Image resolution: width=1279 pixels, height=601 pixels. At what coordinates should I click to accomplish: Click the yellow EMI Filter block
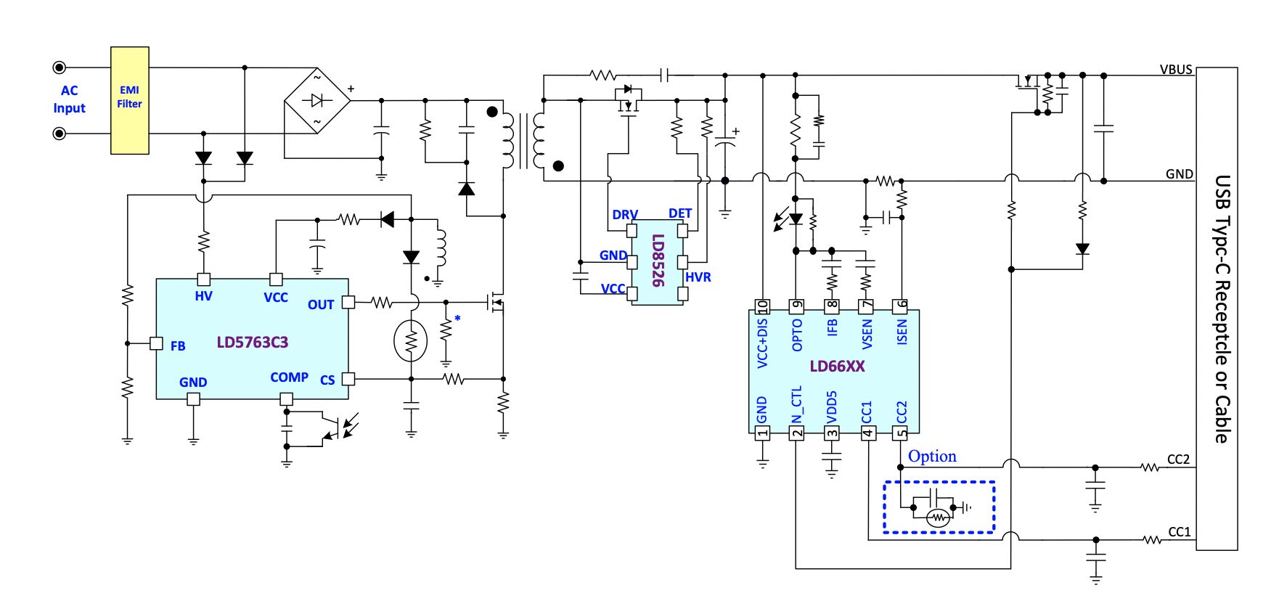point(130,100)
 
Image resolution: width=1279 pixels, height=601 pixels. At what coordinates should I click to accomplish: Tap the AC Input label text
point(69,99)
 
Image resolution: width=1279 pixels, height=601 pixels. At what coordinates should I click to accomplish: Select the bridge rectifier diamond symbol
point(316,100)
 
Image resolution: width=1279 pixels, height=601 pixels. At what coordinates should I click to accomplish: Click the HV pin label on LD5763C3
point(203,296)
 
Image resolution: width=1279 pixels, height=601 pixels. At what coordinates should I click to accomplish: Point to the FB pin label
point(178,346)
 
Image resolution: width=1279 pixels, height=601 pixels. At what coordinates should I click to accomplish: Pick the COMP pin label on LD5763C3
point(289,377)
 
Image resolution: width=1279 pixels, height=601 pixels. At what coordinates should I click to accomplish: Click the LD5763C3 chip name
point(253,342)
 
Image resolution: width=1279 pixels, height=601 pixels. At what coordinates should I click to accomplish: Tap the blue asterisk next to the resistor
point(457,319)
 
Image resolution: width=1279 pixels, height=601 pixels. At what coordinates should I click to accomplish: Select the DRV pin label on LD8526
point(625,215)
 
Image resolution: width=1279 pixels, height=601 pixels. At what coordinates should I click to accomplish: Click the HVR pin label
point(698,277)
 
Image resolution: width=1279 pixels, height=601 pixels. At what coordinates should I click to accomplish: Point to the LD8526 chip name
point(658,261)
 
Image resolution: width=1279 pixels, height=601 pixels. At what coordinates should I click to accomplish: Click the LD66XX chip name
point(837,367)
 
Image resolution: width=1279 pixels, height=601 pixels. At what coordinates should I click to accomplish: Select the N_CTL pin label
point(797,406)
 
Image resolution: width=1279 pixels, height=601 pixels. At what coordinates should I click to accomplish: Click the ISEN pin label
point(902,332)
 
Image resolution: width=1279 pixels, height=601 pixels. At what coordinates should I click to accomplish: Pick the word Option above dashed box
point(932,457)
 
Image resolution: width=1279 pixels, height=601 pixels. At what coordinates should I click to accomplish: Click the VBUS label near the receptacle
point(1176,70)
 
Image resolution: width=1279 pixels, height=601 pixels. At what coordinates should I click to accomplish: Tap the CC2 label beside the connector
point(1179,459)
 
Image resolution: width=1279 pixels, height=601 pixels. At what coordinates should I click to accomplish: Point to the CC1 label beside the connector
point(1180,532)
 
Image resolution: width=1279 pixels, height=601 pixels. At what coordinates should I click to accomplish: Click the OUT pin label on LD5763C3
point(321,305)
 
